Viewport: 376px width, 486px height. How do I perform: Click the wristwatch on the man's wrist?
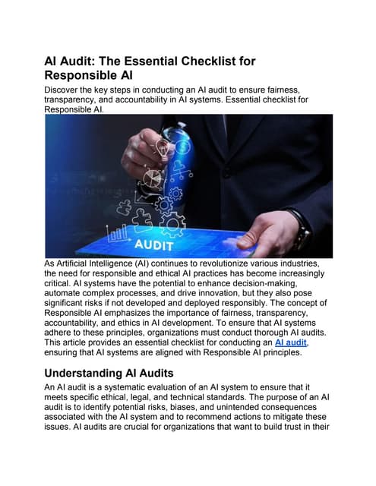pyautogui.click(x=298, y=227)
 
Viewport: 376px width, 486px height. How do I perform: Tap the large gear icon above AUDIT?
pyautogui.click(x=171, y=222)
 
